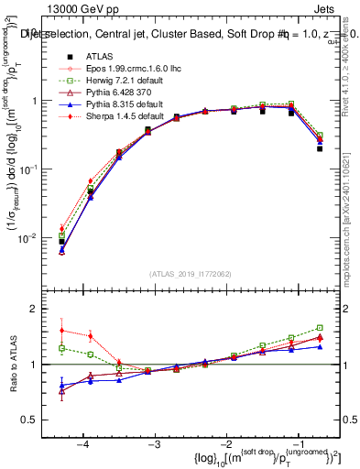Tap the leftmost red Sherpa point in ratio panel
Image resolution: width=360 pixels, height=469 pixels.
[x=61, y=331]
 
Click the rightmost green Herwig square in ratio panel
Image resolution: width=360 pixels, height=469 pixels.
[x=320, y=327]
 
